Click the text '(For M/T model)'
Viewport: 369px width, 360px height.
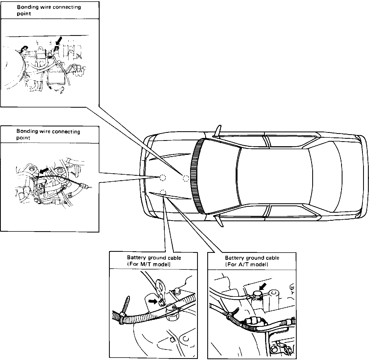point(149,264)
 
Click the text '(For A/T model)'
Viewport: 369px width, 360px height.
point(247,264)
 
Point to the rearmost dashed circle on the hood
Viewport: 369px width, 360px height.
point(186,178)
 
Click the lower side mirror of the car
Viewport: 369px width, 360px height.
point(219,221)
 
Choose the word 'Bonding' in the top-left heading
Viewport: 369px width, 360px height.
point(26,7)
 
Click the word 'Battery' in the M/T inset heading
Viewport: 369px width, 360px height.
point(136,258)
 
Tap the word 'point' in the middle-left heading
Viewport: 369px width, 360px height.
point(23,138)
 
